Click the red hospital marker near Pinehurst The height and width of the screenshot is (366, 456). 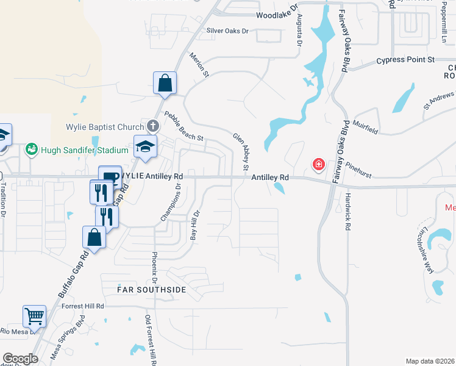click(x=318, y=164)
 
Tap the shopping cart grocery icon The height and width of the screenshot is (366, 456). click(x=35, y=316)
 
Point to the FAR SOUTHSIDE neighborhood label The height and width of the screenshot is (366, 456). click(x=152, y=290)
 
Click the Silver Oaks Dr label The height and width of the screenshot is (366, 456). click(x=228, y=30)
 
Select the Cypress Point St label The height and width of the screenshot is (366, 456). click(x=405, y=60)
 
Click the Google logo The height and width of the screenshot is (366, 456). click(x=20, y=359)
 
